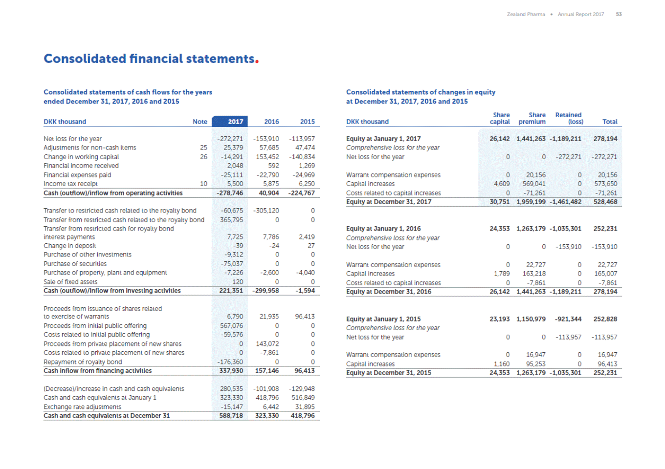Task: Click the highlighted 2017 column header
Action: point(235,122)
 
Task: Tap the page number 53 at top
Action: point(619,14)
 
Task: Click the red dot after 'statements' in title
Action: point(257,62)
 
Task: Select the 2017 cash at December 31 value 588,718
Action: point(231,416)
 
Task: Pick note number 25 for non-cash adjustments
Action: point(203,148)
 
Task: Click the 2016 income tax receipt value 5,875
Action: point(271,184)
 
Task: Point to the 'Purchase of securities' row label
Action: point(75,264)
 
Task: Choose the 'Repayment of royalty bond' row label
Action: point(83,362)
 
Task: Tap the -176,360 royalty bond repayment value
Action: point(230,362)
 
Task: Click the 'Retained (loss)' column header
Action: point(568,118)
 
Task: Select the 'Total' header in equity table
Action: point(610,122)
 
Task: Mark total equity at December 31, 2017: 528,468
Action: point(605,202)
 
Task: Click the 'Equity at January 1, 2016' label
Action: point(383,229)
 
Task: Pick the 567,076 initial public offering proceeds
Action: point(231,326)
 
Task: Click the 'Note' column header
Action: point(199,122)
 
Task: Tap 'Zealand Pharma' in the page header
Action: point(526,14)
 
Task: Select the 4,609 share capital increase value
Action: point(502,184)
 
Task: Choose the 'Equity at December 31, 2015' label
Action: point(388,373)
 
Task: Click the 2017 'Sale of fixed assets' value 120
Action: point(238,282)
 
